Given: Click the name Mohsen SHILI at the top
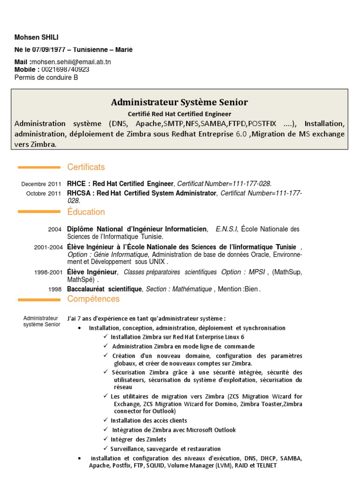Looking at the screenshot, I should (37, 37).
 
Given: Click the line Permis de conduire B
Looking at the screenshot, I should (46, 77).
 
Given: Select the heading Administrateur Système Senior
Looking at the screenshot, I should (180, 102).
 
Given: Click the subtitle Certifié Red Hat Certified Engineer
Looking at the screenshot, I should (180, 113).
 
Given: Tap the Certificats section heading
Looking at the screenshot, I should (86, 167).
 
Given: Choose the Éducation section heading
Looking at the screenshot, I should (86, 212).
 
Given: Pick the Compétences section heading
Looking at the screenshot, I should (93, 299).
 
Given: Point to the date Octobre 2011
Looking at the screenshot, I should (44, 193).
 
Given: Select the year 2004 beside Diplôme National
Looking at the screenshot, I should (54, 230).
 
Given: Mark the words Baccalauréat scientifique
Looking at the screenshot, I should (104, 289).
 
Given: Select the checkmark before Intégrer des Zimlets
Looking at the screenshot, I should (106, 439).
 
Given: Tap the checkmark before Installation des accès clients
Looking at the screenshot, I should (106, 420).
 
